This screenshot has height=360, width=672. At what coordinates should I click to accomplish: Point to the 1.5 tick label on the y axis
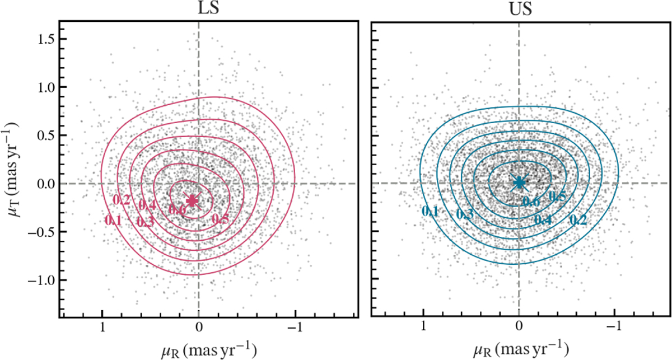[41, 39]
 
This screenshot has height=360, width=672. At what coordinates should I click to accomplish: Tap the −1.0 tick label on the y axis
[38, 280]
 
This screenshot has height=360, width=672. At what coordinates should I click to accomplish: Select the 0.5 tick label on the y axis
[41, 135]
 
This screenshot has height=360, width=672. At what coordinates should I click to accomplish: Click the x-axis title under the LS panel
[208, 349]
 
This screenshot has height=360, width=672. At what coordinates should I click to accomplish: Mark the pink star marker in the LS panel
[193, 200]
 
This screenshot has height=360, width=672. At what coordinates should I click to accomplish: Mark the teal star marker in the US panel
[519, 182]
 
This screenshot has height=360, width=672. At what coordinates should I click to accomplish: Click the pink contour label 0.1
[114, 221]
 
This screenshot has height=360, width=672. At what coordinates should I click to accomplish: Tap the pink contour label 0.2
[122, 200]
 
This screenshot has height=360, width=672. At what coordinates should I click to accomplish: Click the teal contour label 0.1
[430, 211]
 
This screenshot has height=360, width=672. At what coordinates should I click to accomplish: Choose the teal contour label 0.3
[464, 214]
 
